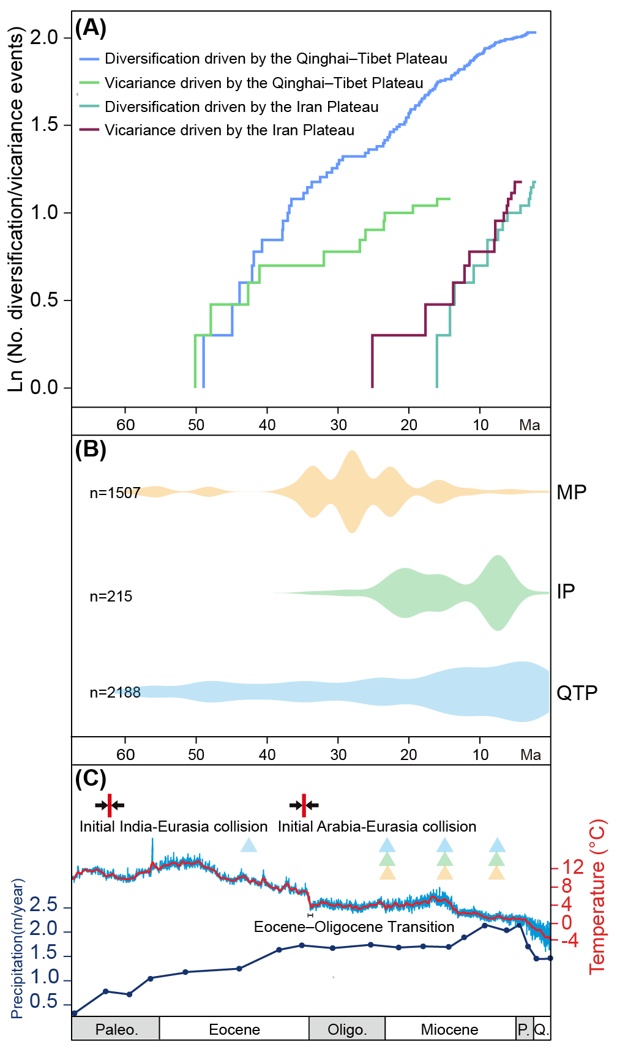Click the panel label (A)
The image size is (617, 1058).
tap(91, 28)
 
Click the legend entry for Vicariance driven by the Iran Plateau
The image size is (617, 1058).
tap(230, 130)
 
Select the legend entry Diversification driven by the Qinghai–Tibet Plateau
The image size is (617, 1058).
tap(276, 59)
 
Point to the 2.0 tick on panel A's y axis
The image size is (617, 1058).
tap(43, 37)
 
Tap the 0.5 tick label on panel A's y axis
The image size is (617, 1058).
tap(43, 300)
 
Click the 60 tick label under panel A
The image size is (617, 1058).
tap(125, 425)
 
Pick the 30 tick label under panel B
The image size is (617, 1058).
tap(338, 754)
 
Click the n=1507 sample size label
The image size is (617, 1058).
tap(115, 493)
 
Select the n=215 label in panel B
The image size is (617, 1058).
tap(111, 597)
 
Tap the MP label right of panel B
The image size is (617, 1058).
tap(572, 493)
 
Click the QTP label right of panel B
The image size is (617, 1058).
tap(577, 693)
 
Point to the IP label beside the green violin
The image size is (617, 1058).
tap(566, 592)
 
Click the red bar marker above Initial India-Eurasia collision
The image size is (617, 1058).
tap(110, 805)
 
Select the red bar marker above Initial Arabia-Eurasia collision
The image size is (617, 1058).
tap(304, 805)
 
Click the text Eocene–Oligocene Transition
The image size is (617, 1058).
tap(354, 926)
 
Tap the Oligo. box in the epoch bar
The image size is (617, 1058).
tap(347, 1030)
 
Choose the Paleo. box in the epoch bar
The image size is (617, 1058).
tap(116, 1030)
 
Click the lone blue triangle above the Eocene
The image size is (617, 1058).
tap(249, 845)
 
